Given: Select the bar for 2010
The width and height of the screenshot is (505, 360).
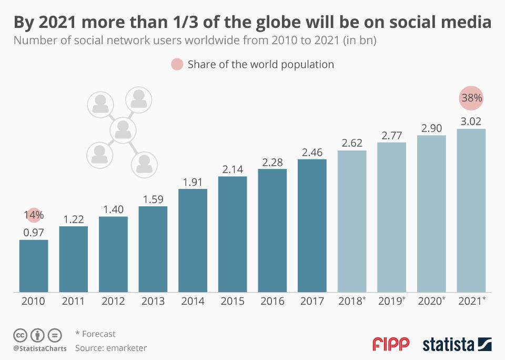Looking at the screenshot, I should [x=34, y=266].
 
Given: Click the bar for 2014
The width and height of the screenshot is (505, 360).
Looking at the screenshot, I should [x=193, y=240].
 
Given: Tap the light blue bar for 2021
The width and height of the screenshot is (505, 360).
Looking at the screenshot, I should [x=471, y=210].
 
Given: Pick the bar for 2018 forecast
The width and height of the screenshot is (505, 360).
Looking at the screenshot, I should [x=352, y=221].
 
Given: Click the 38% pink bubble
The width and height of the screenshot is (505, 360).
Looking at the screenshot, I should [x=471, y=98].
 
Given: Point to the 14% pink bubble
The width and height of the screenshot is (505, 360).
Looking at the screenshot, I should [x=34, y=215].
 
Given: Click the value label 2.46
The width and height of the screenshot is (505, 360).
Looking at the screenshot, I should [x=312, y=153].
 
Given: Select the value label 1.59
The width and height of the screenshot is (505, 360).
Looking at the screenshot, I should [x=153, y=199].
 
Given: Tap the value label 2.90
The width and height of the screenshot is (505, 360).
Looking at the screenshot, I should [x=431, y=128].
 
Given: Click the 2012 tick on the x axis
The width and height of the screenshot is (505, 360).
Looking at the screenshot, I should [x=113, y=302].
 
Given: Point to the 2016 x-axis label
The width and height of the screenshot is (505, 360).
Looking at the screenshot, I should [x=272, y=302].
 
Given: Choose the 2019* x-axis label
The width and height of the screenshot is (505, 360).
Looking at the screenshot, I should [x=392, y=302].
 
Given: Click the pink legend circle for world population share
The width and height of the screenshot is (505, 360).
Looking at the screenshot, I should [x=177, y=65].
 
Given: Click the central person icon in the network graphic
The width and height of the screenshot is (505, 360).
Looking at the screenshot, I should [x=123, y=128].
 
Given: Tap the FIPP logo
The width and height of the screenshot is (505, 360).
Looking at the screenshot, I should [x=391, y=344].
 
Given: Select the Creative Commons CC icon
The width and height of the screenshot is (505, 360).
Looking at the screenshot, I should [x=20, y=335].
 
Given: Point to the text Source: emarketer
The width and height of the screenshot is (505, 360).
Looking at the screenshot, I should [x=111, y=348].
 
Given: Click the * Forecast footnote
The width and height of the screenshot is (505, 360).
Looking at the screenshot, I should [x=96, y=334].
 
